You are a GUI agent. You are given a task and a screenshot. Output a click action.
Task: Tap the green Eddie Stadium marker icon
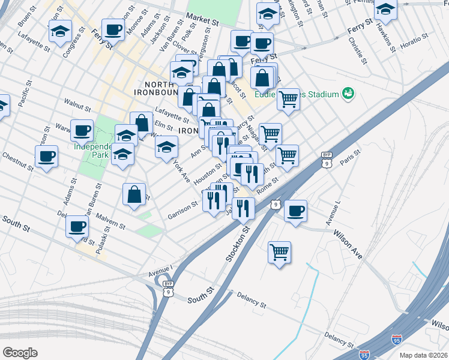coord(348,93)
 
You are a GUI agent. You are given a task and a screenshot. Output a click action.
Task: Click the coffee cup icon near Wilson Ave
coord(295,211)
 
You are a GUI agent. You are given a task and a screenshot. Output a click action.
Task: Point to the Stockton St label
coord(238,243)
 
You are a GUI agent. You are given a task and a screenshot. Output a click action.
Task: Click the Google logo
coord(20,352)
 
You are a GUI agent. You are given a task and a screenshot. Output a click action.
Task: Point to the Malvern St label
coord(109,221)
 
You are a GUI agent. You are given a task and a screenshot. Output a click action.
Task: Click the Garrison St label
coord(183,207)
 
